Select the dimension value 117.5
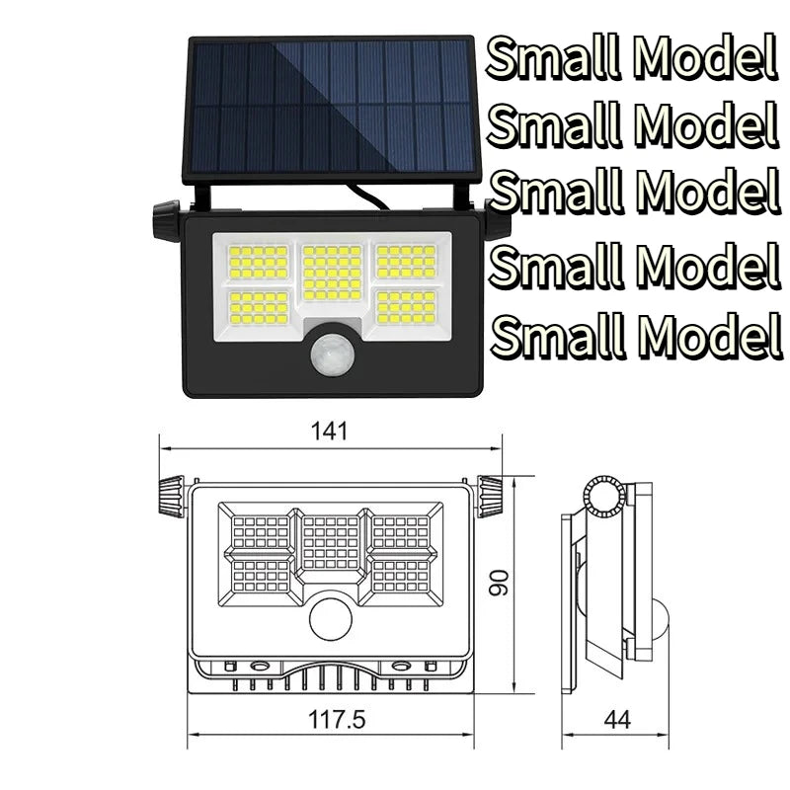point(337,719)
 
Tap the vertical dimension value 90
point(503,586)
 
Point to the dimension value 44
point(617,719)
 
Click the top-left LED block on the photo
point(259,263)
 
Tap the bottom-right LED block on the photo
point(406,307)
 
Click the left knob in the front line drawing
point(171,497)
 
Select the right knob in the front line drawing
point(491,496)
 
